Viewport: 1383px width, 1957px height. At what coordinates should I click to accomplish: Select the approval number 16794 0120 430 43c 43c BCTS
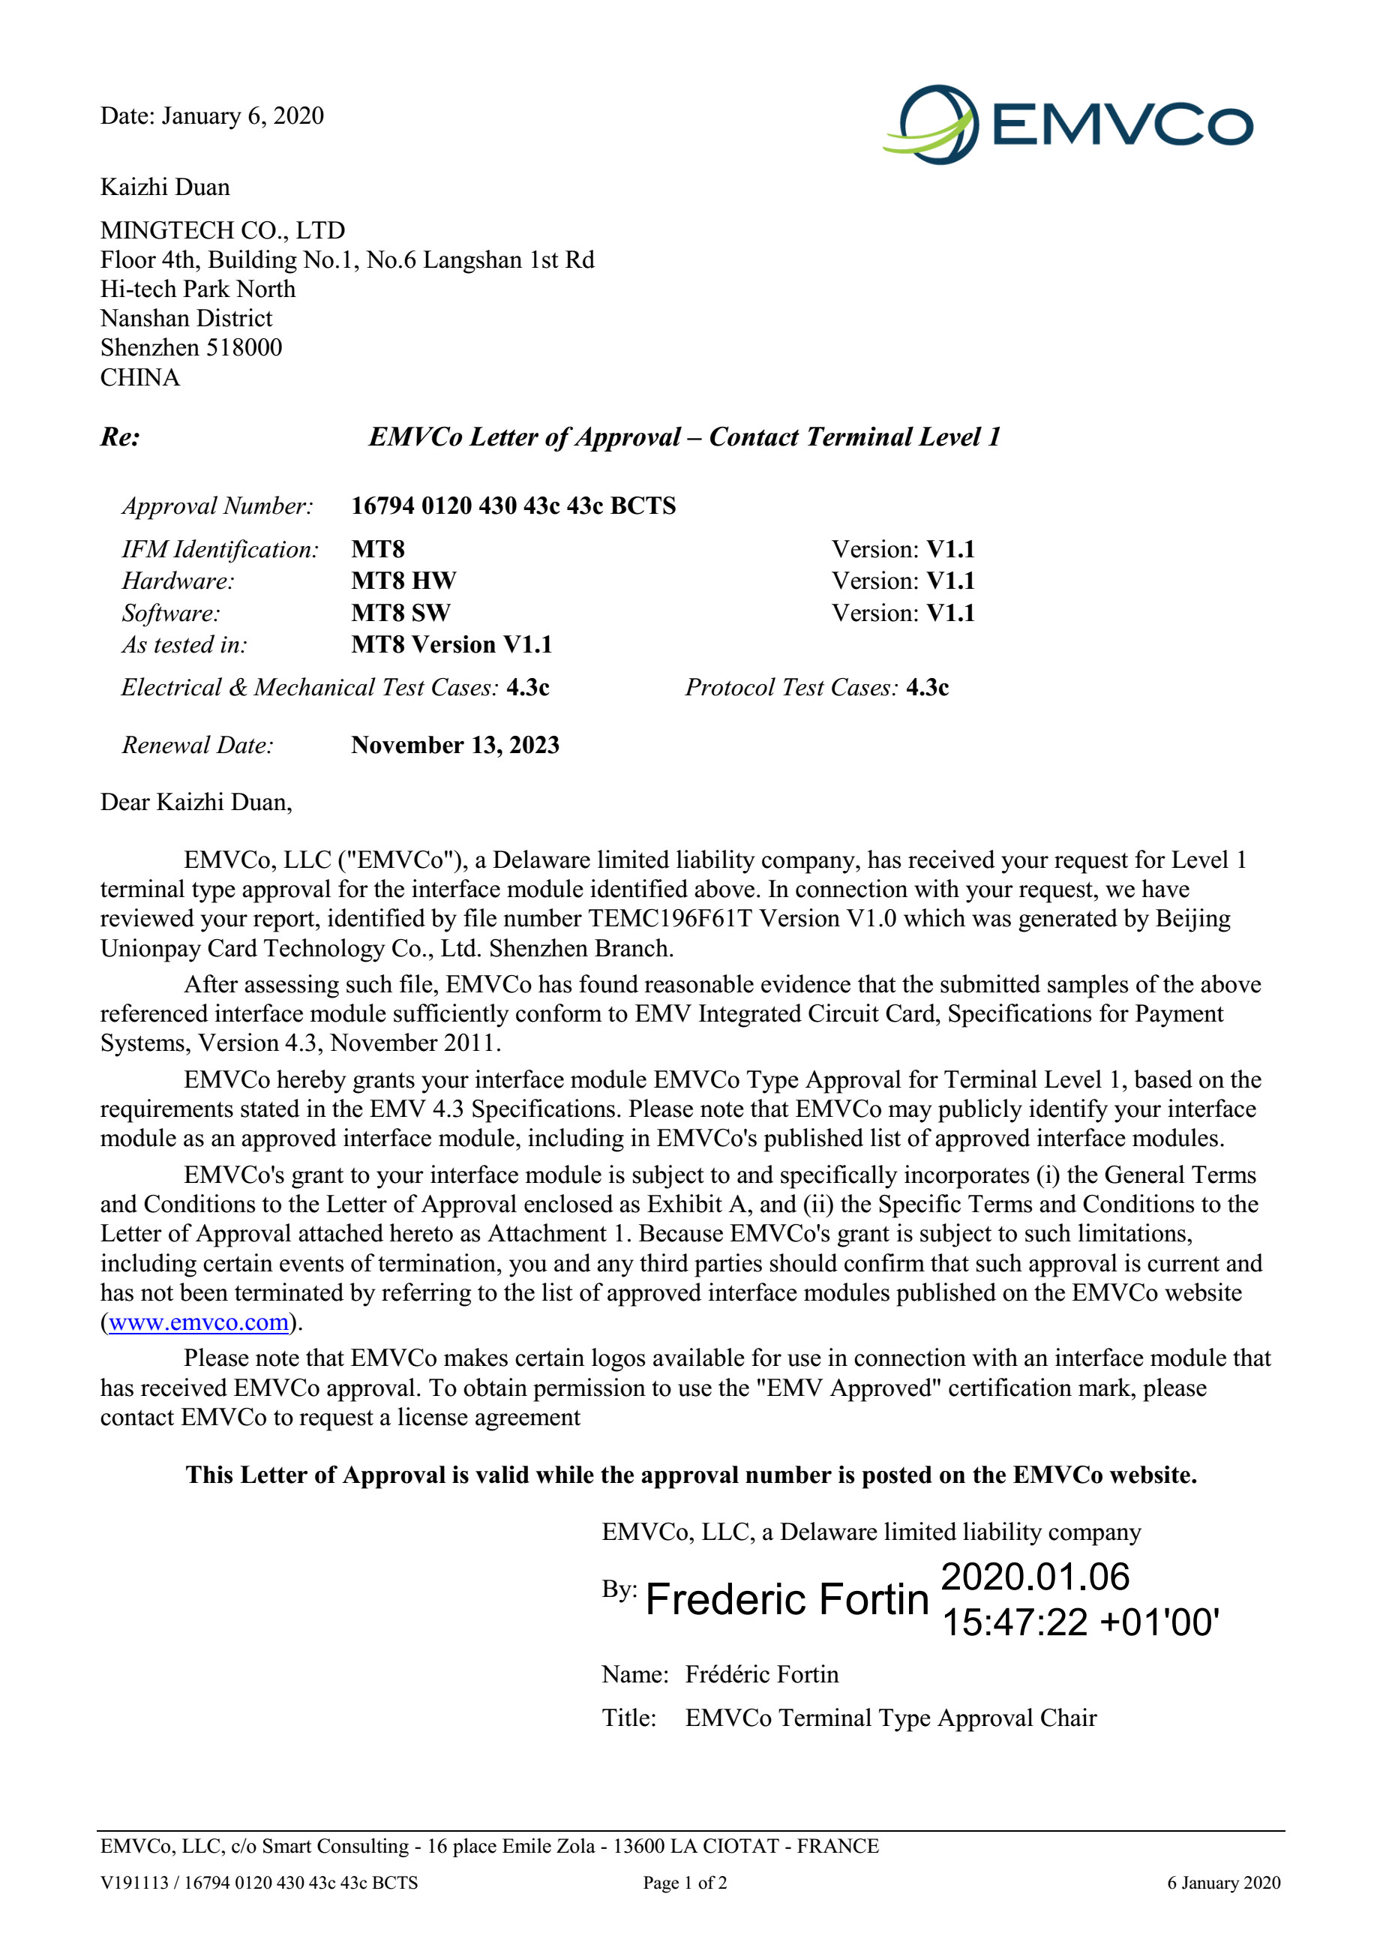pyautogui.click(x=513, y=506)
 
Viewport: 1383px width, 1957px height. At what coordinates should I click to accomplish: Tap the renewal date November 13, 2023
pyautogui.click(x=455, y=745)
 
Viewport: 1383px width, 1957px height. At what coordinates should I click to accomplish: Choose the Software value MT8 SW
pyautogui.click(x=400, y=612)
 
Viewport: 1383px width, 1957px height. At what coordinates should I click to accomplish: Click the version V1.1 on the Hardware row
pyautogui.click(x=950, y=581)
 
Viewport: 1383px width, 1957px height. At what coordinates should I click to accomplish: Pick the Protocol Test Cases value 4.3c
pyautogui.click(x=927, y=687)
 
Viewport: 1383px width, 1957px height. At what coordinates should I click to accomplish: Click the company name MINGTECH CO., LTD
pyautogui.click(x=223, y=230)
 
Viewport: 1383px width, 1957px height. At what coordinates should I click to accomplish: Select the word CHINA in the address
pyautogui.click(x=139, y=377)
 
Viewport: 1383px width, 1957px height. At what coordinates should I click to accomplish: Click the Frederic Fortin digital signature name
pyautogui.click(x=787, y=1599)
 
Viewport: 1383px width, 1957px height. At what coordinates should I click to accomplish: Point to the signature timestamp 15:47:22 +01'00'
pyautogui.click(x=1080, y=1622)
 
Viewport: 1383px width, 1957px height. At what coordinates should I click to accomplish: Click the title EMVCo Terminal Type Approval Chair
pyautogui.click(x=890, y=1718)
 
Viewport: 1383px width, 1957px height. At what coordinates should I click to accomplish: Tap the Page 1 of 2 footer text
pyautogui.click(x=684, y=1883)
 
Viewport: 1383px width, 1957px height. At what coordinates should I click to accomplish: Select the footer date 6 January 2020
pyautogui.click(x=1222, y=1883)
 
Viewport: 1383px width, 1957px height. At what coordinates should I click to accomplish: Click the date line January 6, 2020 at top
pyautogui.click(x=242, y=116)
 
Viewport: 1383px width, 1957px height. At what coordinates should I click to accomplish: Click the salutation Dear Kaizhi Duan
pyautogui.click(x=196, y=802)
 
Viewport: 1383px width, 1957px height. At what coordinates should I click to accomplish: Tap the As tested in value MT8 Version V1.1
pyautogui.click(x=451, y=644)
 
